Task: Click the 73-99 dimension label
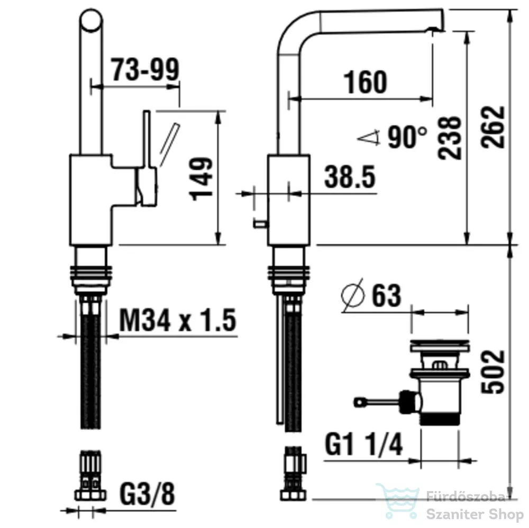pyautogui.click(x=145, y=70)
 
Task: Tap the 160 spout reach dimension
pyautogui.click(x=365, y=83)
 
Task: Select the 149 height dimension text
pyautogui.click(x=201, y=179)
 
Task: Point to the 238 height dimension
pyautogui.click(x=449, y=138)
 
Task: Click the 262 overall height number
pyautogui.click(x=493, y=127)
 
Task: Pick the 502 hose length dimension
pyautogui.click(x=493, y=372)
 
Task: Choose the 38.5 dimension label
pyautogui.click(x=350, y=177)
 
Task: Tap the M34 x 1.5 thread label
pyautogui.click(x=178, y=320)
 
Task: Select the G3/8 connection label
pyautogui.click(x=148, y=494)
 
